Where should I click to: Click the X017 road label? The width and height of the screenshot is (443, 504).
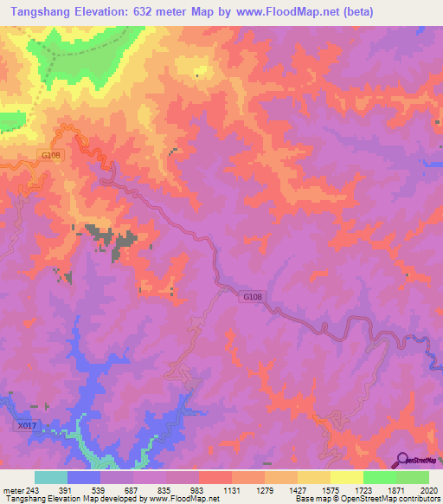27,425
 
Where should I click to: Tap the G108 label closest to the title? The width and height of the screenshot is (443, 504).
50,155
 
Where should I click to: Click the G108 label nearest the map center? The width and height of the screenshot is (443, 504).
252,296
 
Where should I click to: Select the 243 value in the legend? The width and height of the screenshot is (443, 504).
32,490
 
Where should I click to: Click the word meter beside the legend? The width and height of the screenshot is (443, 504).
13,490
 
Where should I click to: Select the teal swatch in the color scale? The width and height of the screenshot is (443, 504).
51,477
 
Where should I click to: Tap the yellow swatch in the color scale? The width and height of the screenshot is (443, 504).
346,477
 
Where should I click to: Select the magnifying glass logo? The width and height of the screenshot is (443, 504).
402,459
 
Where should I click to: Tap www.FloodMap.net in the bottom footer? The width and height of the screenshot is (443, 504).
183,499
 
